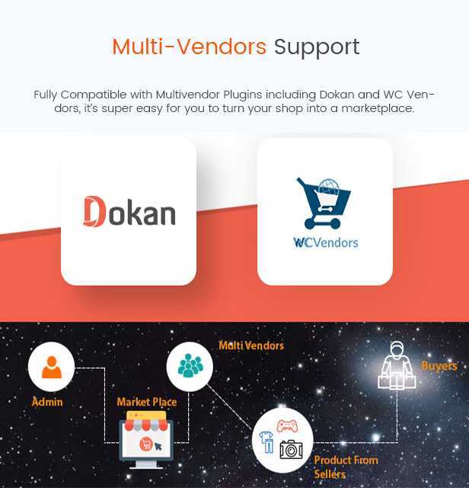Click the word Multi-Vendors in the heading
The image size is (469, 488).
tap(189, 47)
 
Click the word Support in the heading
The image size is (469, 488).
tap(317, 48)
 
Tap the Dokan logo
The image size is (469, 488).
tap(129, 212)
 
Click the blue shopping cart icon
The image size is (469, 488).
tap(324, 203)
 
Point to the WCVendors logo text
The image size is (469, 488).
tap(325, 242)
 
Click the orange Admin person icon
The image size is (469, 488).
tap(52, 368)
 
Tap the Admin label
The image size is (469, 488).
tap(47, 402)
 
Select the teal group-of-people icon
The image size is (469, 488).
tap(190, 365)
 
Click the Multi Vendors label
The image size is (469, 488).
tap(251, 345)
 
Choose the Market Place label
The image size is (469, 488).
tap(147, 402)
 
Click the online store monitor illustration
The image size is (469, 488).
tap(146, 439)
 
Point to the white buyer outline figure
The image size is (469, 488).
tap(397, 365)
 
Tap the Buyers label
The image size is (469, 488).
tap(439, 366)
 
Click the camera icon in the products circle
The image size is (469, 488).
tap(291, 449)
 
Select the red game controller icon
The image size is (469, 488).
tap(287, 425)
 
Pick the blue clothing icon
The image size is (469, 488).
tap(266, 442)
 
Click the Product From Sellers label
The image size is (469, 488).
tap(346, 467)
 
